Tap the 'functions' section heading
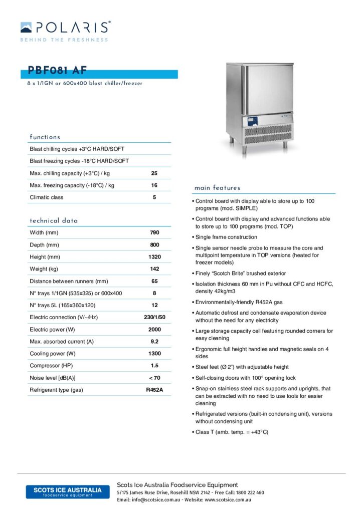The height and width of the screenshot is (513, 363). click(45, 137)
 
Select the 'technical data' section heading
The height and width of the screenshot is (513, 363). click(54, 221)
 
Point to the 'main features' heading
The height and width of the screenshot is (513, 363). click(217, 188)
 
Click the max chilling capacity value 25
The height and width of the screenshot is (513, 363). click(154, 173)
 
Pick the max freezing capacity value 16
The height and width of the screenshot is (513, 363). click(154, 185)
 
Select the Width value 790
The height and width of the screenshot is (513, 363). click(154, 233)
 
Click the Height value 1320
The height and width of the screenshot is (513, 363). click(154, 257)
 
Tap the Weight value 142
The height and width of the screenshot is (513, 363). click(154, 269)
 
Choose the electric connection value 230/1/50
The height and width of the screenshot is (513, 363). click(154, 317)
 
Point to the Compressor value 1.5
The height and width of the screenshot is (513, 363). click(154, 366)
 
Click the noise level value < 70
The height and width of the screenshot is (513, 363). click(154, 378)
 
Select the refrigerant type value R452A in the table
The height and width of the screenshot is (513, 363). click(154, 390)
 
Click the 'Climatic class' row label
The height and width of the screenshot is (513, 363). click(47, 197)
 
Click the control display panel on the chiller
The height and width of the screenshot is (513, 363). click(252, 121)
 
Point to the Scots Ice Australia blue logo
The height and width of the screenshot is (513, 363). click(67, 491)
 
